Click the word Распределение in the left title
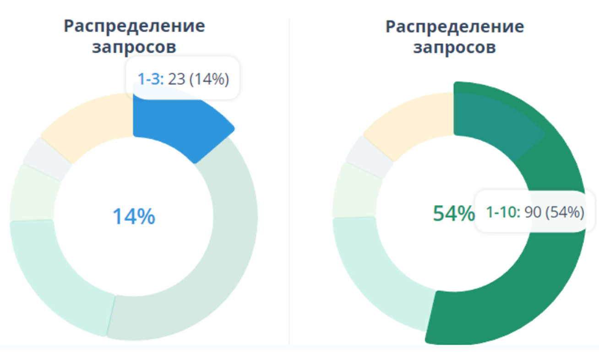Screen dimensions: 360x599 (134, 26)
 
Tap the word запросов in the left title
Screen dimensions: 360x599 (134, 47)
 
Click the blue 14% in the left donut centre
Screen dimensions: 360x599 (134, 217)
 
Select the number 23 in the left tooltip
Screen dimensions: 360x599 (176, 79)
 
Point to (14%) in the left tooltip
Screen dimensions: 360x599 (209, 79)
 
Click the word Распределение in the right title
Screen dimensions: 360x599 (455, 26)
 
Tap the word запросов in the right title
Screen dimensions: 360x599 (455, 47)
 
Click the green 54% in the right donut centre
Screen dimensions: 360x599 (453, 214)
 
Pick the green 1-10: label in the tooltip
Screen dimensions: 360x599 (503, 213)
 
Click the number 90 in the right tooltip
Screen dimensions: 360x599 (533, 213)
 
